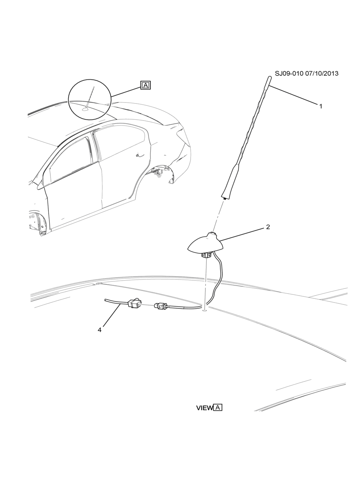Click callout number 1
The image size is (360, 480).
tap(320, 106)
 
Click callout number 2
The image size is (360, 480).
tap(268, 227)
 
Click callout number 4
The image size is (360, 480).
tap(99, 330)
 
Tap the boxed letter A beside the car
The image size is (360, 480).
tap(145, 85)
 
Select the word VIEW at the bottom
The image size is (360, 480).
tap(204, 408)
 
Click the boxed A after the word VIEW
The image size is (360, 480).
tap(218, 407)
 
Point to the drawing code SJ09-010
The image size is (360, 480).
tap(289, 74)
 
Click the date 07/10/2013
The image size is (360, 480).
tap(322, 74)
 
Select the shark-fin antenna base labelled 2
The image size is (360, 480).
tap(204, 243)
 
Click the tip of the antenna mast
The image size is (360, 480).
tap(270, 78)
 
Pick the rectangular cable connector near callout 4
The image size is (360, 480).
tap(135, 304)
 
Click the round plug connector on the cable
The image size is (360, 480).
tap(160, 306)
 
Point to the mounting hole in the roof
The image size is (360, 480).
tap(204, 310)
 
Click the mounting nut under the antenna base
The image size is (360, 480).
tap(206, 254)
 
